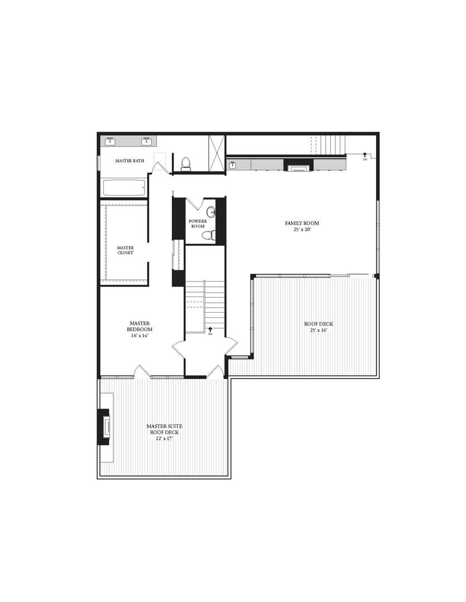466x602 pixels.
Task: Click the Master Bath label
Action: point(129,161)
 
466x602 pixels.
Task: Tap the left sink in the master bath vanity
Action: point(110,142)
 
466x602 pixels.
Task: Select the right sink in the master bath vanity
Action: point(146,142)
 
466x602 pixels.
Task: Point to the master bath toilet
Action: point(186,164)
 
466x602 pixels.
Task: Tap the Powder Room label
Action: point(198,224)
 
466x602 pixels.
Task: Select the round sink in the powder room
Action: point(211,212)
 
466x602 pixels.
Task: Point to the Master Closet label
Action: point(126,250)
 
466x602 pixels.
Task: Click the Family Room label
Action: point(302,223)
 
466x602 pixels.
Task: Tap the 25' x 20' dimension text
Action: point(302,230)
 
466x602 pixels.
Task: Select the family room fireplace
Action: point(299,166)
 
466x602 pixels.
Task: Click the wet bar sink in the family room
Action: point(233,165)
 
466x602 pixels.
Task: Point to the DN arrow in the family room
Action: point(364,156)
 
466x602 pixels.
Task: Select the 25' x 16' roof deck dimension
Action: point(319,330)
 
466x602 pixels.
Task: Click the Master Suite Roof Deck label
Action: point(164,429)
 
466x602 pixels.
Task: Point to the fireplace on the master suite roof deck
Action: point(104,427)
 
